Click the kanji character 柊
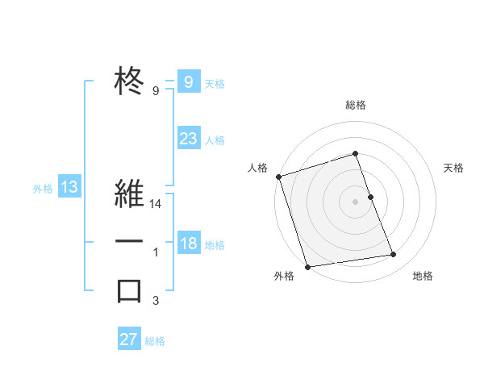pyautogui.click(x=129, y=81)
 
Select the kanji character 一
pyautogui.click(x=129, y=243)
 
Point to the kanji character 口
pyautogui.click(x=129, y=290)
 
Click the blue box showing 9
pyautogui.click(x=189, y=81)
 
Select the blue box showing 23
pyautogui.click(x=189, y=138)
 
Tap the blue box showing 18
pyautogui.click(x=189, y=243)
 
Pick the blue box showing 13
pyautogui.click(x=69, y=188)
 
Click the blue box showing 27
pyautogui.click(x=129, y=339)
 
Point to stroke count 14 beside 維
pyautogui.click(x=156, y=206)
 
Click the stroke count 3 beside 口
pyautogui.click(x=156, y=302)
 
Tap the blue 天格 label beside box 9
pyautogui.click(x=215, y=83)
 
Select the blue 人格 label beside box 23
pyautogui.click(x=215, y=140)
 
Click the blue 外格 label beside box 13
pyautogui.click(x=43, y=189)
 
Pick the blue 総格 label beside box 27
pyautogui.click(x=155, y=341)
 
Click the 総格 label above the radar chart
pyautogui.click(x=356, y=105)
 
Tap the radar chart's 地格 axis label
pyautogui.click(x=423, y=276)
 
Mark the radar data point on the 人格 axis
pyautogui.click(x=278, y=177)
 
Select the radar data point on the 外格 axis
pyautogui.click(x=307, y=266)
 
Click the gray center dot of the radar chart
pyautogui.click(x=356, y=201)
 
